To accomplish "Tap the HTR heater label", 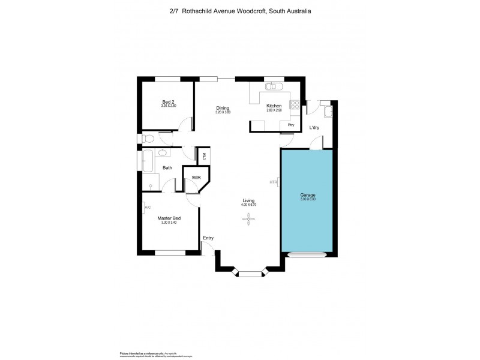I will click(x=274, y=182).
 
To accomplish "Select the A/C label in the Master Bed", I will click(x=148, y=208).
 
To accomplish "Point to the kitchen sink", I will click(x=272, y=87).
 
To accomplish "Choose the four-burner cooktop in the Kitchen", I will click(x=295, y=105).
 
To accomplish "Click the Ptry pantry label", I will click(x=291, y=125).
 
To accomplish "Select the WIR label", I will click(x=196, y=177).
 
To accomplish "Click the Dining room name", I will click(x=223, y=108).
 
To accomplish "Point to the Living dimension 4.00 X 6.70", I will click(x=248, y=205).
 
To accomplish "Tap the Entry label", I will click(x=208, y=238).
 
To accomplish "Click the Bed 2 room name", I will click(x=169, y=102).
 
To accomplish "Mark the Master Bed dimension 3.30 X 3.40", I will click(x=169, y=223).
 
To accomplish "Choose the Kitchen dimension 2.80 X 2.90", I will click(x=274, y=110).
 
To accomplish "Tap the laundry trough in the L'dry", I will click(x=328, y=111).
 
